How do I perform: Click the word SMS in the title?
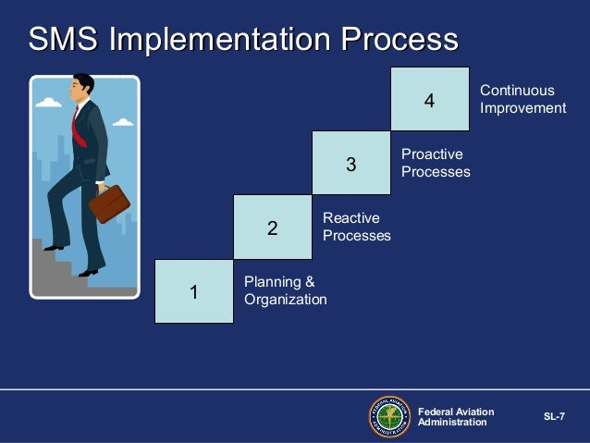65,41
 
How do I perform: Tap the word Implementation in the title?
221,41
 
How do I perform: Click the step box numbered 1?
194,291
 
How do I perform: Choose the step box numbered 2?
273,227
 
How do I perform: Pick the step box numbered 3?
350,164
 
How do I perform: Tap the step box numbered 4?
429,99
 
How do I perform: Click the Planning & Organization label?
285,290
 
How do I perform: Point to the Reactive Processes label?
356,227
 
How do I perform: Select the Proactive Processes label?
436,163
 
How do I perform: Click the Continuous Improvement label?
522,99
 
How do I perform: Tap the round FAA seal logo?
388,416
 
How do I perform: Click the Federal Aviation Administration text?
456,417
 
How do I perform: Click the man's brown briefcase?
109,203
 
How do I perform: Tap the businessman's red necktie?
79,129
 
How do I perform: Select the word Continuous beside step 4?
517,91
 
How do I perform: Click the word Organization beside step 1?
285,300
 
